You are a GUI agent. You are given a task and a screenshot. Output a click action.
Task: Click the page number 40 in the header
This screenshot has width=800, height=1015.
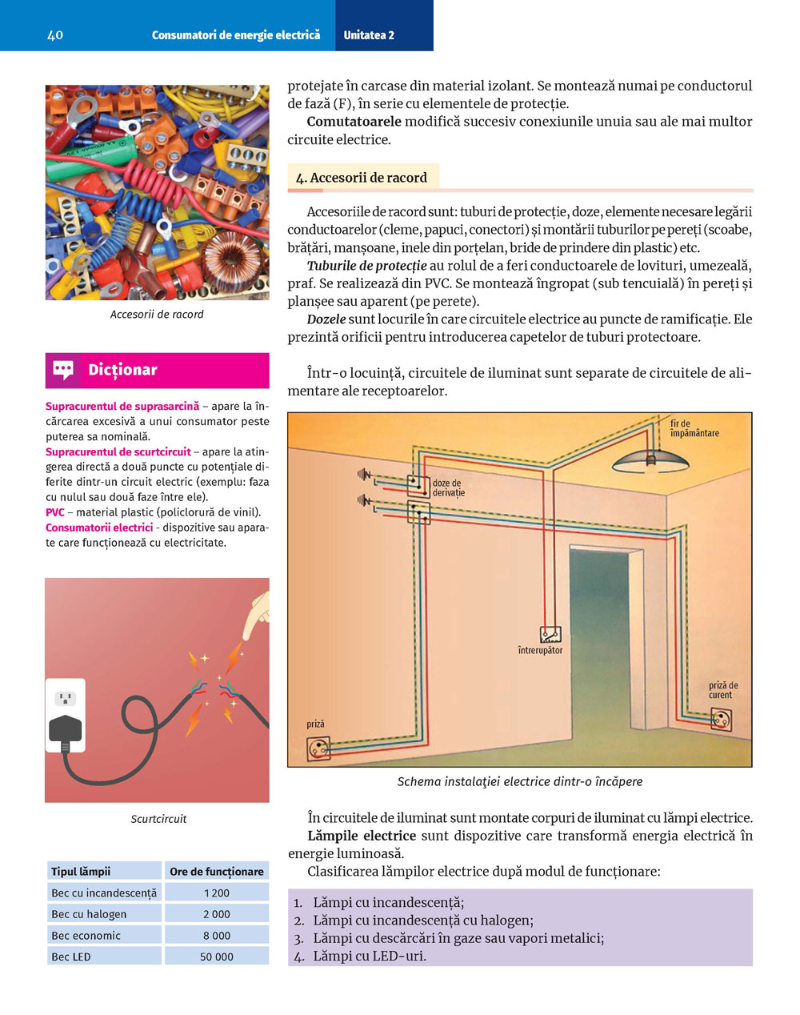55,35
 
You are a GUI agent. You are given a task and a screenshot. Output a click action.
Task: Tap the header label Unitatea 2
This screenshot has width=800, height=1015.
369,35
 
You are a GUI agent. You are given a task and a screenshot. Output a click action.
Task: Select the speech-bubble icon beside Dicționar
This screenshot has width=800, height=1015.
63,370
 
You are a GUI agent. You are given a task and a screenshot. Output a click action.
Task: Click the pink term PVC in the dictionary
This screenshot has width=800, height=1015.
54,512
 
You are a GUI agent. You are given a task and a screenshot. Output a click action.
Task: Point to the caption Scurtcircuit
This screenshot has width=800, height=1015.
158,819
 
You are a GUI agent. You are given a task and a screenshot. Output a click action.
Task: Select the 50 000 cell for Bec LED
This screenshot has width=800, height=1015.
217,957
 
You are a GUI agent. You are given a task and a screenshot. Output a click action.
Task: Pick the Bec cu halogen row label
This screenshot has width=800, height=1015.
89,914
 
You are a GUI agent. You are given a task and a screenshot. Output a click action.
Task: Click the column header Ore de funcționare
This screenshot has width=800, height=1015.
217,872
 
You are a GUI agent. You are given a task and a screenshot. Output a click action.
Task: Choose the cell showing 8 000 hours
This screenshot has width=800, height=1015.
217,935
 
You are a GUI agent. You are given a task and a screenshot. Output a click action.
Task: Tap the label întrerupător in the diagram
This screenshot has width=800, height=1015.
540,651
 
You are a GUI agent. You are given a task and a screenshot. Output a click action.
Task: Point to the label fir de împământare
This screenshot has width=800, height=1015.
694,428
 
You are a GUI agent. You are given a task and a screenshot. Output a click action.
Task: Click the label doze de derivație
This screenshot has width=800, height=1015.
449,487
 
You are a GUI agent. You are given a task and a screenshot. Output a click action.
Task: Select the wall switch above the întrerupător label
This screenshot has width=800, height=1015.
550,635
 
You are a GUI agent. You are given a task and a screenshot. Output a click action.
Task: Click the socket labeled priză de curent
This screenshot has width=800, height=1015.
722,719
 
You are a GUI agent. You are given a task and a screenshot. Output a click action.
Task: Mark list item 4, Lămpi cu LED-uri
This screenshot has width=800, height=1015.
370,956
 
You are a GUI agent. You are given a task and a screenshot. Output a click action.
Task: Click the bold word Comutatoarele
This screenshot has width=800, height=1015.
354,122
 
